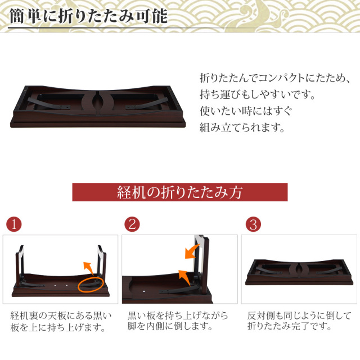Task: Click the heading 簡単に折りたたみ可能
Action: pos(88,15)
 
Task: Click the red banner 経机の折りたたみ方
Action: pos(179,192)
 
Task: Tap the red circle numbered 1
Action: pos(14,224)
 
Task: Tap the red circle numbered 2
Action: pos(132,224)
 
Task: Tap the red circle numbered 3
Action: pos(253,224)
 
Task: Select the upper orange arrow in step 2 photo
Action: pos(193,251)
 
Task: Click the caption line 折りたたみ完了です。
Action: pos(291,326)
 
